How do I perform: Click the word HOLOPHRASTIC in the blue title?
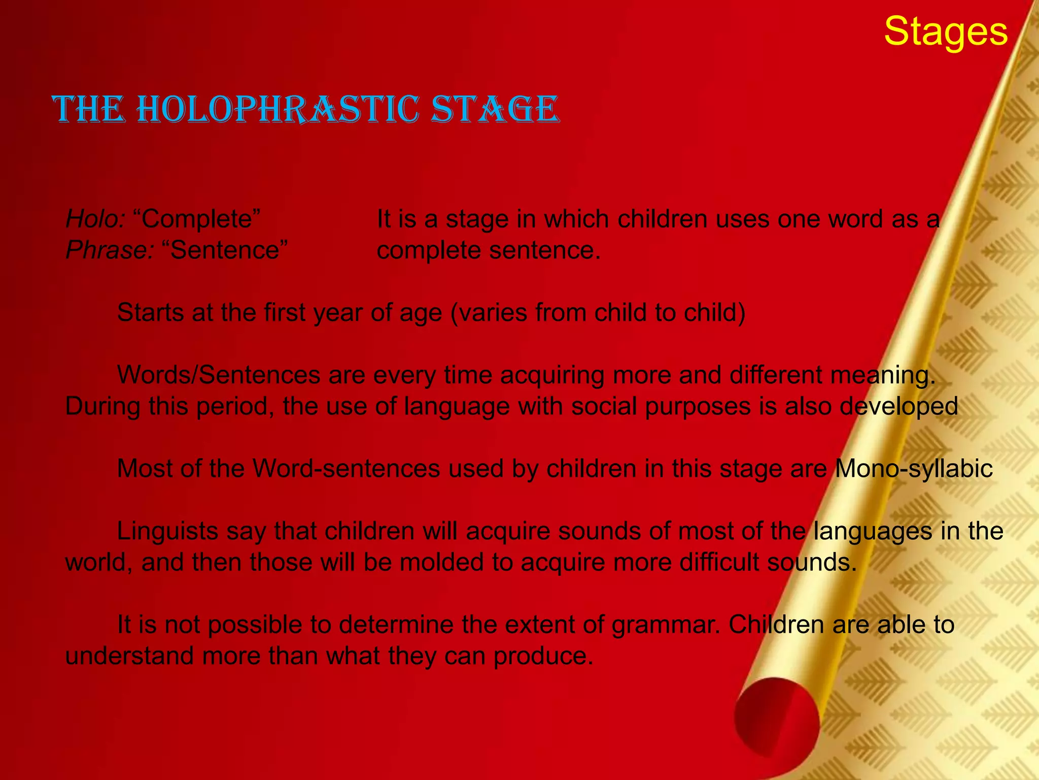278,110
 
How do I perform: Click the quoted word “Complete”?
197,219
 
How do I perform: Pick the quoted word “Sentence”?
225,250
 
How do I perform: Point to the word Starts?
150,313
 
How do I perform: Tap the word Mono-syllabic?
913,469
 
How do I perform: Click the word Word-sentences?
347,469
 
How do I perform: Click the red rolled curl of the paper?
776,721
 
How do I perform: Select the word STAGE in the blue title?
495,110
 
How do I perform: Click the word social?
604,407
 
